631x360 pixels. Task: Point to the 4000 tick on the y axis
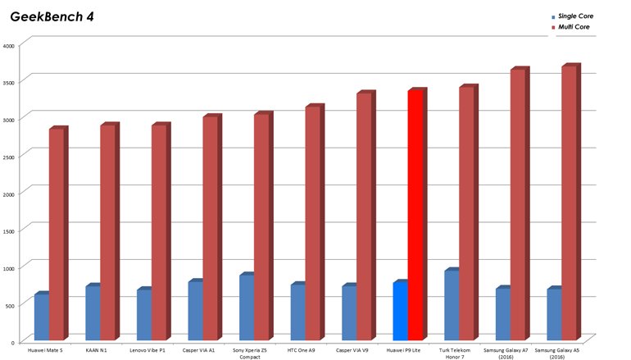(9, 46)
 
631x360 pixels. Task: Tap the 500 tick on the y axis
(9, 305)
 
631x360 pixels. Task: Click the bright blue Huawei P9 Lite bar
(400, 312)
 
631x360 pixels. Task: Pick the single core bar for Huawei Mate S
(41, 318)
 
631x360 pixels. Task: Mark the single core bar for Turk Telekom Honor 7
(451, 306)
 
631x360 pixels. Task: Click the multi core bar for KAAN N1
(108, 233)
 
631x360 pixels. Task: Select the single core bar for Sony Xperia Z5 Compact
(246, 308)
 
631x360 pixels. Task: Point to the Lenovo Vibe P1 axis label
(148, 350)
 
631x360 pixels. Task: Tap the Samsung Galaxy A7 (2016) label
(506, 353)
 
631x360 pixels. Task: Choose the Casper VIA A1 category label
(198, 350)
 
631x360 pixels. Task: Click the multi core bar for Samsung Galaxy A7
(518, 205)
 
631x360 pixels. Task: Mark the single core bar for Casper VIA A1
(195, 312)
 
